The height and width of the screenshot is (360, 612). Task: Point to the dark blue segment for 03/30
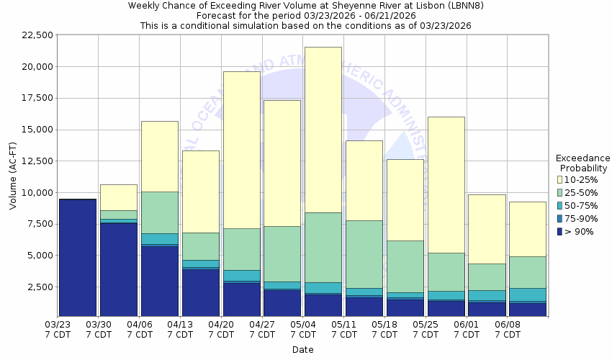(x=118, y=270)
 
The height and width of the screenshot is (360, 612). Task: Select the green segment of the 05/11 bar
(x=364, y=254)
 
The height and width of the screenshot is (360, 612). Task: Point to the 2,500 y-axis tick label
(x=36, y=287)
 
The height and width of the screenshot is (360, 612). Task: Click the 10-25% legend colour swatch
(x=560, y=179)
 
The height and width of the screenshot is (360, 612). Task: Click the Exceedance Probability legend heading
(x=583, y=163)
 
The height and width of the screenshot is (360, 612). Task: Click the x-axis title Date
(x=302, y=350)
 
